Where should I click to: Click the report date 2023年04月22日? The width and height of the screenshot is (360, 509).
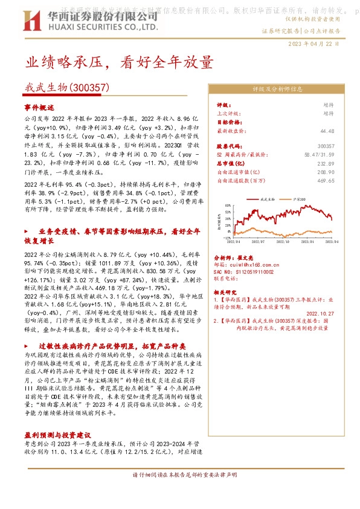[x=313, y=44]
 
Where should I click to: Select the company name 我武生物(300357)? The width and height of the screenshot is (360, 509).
[x=67, y=88]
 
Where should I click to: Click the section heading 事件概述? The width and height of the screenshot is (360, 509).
[x=39, y=106]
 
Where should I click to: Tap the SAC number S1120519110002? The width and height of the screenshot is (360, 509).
[x=248, y=273]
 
